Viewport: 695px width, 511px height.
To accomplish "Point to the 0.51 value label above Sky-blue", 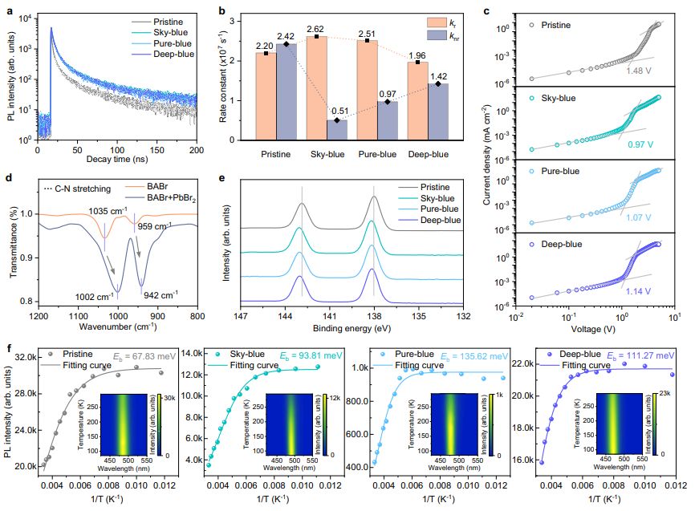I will (337, 112).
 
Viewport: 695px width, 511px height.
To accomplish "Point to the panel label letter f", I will (8, 350).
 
